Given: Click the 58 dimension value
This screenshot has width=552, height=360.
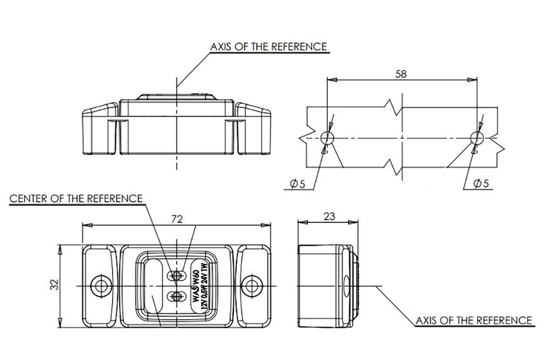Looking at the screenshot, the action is pos(401,74).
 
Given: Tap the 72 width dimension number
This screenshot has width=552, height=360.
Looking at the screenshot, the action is pos(177,220).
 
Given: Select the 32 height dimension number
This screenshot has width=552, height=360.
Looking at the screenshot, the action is pos(54,285).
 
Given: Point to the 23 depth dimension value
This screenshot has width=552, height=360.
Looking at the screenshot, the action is pos(329,216).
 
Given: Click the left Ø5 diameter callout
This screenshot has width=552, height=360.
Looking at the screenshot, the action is pos(297,184).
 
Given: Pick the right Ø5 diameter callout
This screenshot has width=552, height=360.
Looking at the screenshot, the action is pos(481,183).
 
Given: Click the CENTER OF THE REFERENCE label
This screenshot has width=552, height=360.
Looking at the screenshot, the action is pos(76,199).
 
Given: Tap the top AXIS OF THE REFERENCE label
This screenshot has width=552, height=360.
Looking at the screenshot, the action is pos(269,47).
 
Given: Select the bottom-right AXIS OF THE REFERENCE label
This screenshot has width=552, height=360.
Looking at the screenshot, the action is pos(474,321).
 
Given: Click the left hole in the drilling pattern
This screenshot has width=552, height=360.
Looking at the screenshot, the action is pos(328,137).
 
